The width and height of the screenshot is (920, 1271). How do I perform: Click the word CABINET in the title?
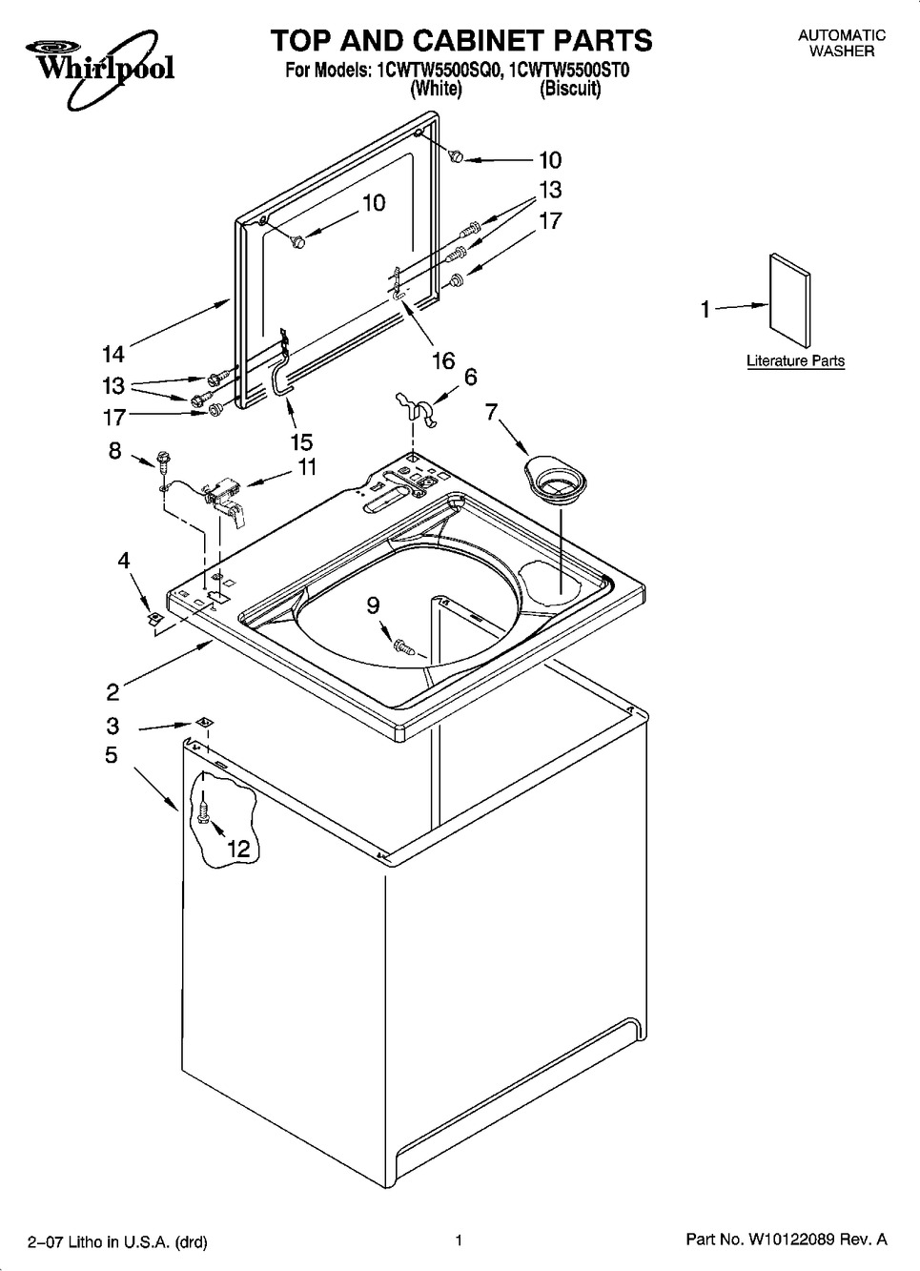tap(460, 41)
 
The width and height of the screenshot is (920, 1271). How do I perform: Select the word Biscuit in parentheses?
tap(570, 89)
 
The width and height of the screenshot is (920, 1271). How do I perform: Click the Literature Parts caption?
tap(795, 360)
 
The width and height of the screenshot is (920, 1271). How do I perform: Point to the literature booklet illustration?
tap(789, 300)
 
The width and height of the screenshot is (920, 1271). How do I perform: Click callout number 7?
tap(491, 413)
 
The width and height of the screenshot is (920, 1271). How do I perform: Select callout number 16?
tap(443, 360)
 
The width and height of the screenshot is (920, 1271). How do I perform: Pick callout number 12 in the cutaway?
tap(238, 849)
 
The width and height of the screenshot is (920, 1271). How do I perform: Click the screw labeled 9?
tap(404, 646)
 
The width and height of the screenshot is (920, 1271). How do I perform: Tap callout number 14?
tap(112, 355)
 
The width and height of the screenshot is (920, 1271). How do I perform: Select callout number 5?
tap(112, 755)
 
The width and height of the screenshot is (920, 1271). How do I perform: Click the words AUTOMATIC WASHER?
tap(842, 43)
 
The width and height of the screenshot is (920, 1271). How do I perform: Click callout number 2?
tap(112, 692)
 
